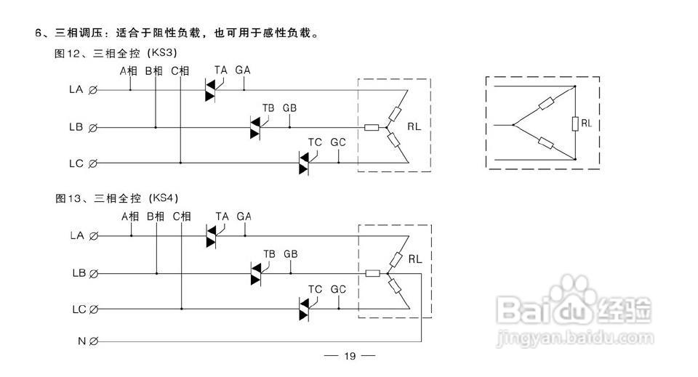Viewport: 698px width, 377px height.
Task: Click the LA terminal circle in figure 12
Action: click(x=93, y=90)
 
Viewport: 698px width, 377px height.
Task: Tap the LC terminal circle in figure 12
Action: click(x=92, y=163)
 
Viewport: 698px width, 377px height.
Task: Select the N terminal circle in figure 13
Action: click(x=94, y=341)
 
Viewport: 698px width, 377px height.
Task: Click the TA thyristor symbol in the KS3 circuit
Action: click(x=211, y=90)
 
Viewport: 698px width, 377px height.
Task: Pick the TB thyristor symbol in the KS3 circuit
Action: click(x=255, y=128)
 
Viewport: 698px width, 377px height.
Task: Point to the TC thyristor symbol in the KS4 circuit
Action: click(x=304, y=309)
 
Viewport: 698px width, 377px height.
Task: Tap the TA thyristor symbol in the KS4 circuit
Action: click(x=212, y=236)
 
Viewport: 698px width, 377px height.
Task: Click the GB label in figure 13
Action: click(x=290, y=254)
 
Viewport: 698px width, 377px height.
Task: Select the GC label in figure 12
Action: click(x=338, y=142)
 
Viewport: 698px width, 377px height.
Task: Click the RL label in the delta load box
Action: click(x=586, y=123)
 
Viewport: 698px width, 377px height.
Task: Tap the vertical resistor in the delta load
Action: click(x=575, y=123)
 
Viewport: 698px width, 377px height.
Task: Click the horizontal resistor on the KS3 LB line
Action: click(x=372, y=128)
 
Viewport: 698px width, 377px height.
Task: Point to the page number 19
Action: click(x=350, y=356)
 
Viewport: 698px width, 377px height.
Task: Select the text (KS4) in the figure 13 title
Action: click(x=164, y=198)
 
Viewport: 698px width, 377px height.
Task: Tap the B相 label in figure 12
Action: click(x=154, y=70)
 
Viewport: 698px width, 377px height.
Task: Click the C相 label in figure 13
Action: click(x=182, y=216)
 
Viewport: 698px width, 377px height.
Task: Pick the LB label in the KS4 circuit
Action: click(x=79, y=273)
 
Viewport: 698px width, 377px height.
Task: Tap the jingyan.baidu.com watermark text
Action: click(x=575, y=339)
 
